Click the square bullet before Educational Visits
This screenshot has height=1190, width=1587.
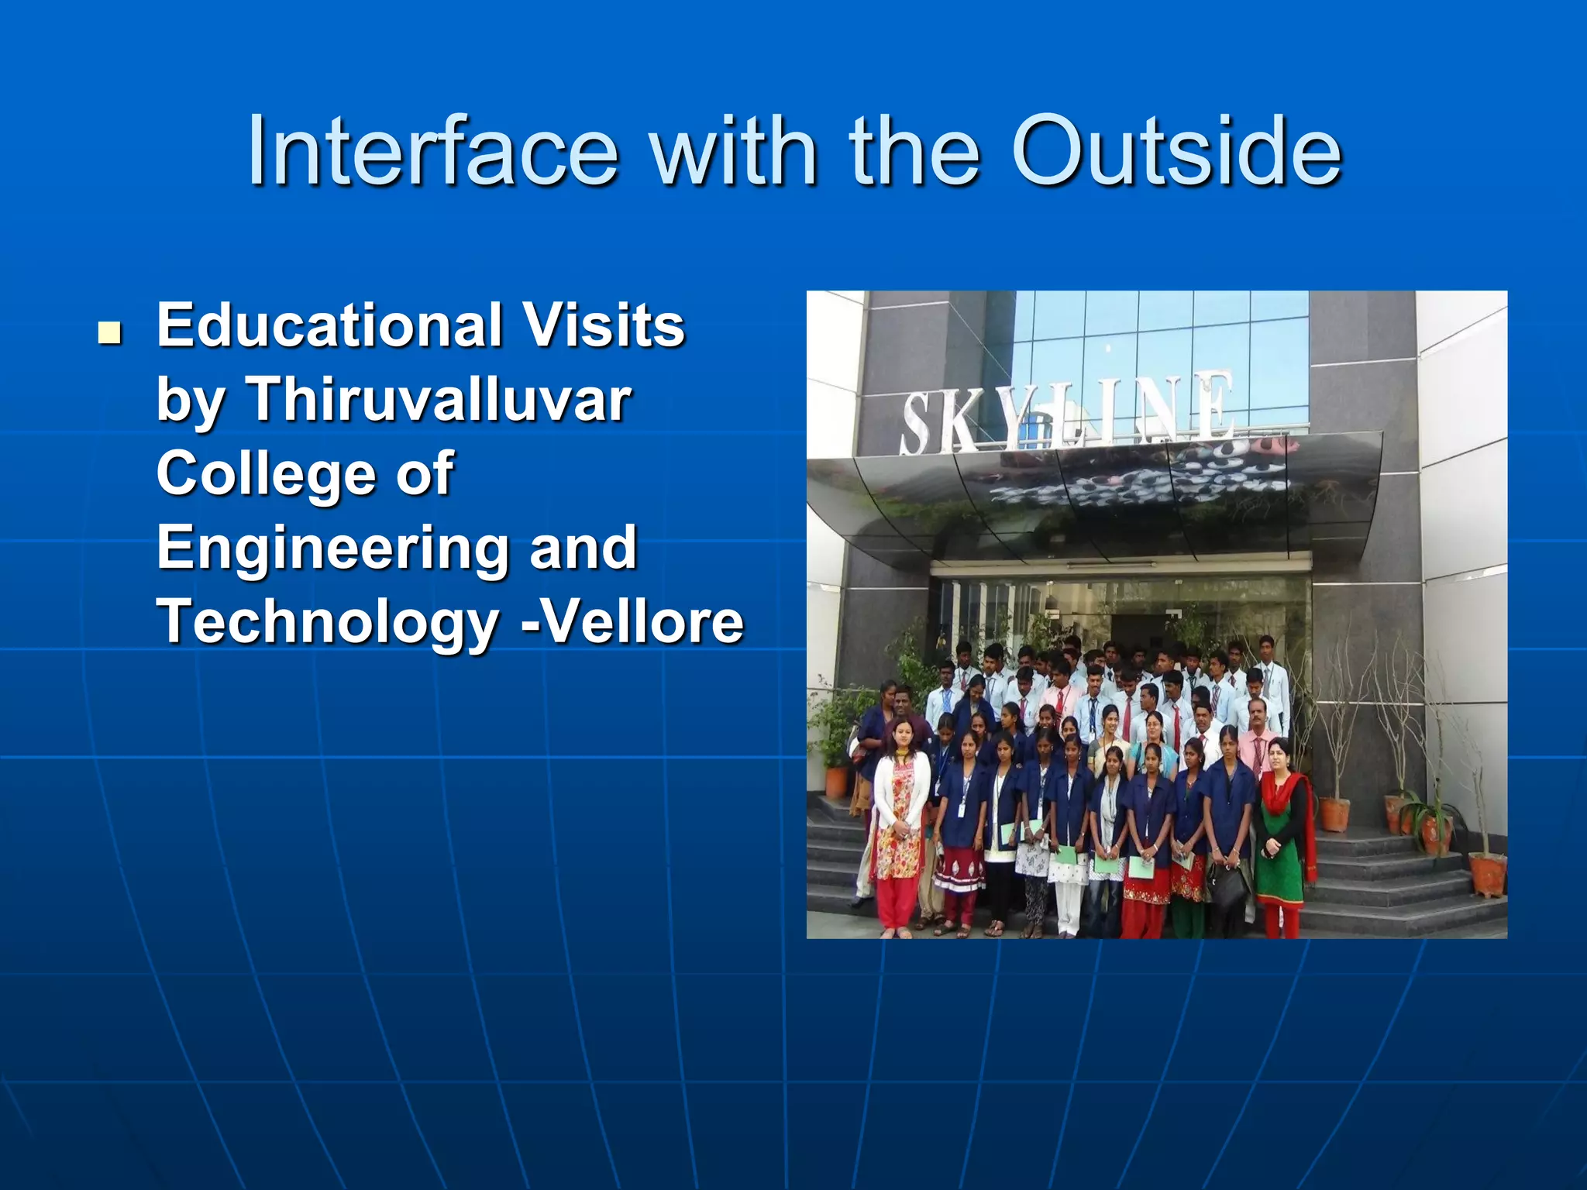click(110, 333)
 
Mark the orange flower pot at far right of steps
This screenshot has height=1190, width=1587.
click(1487, 873)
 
